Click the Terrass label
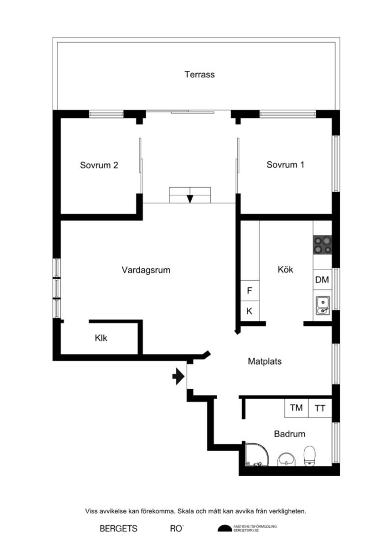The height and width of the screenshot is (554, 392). coord(199,75)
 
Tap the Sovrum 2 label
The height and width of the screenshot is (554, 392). coord(99,166)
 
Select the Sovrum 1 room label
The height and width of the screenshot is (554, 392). coord(285,165)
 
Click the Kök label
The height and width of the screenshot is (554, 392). coord(285,269)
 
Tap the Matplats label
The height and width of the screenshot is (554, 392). coord(264,361)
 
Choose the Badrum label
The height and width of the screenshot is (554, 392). coord(289,433)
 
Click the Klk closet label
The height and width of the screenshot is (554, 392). coord(101,339)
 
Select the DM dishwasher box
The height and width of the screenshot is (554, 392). coord(322,280)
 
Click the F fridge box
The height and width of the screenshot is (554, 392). coord(250,291)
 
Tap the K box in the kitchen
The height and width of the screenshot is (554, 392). coord(250,311)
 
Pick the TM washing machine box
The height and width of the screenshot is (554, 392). coord(296,408)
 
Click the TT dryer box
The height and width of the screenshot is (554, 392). coord(320,408)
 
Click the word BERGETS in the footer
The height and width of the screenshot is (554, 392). coord(119,529)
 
